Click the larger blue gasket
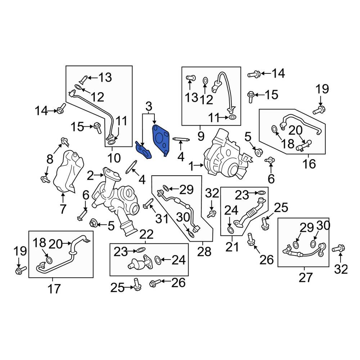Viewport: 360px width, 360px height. [161, 139]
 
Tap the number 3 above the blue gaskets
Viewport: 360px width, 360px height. [149, 107]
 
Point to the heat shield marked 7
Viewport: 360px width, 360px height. [68, 171]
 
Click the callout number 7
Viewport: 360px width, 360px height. [63, 209]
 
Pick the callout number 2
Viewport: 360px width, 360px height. [90, 176]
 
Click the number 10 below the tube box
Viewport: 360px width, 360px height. [114, 158]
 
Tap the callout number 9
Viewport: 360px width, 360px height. [201, 136]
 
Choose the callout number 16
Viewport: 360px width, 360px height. [309, 164]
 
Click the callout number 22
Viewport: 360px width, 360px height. [147, 234]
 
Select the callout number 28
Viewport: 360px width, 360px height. [204, 252]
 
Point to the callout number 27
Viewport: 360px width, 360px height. [306, 277]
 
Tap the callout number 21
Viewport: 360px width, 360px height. [232, 247]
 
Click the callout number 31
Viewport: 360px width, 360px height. [162, 219]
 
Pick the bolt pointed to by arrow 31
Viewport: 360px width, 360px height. [148, 204]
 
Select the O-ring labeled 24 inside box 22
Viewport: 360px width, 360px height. [158, 260]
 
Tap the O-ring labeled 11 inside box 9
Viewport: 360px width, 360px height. [232, 118]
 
